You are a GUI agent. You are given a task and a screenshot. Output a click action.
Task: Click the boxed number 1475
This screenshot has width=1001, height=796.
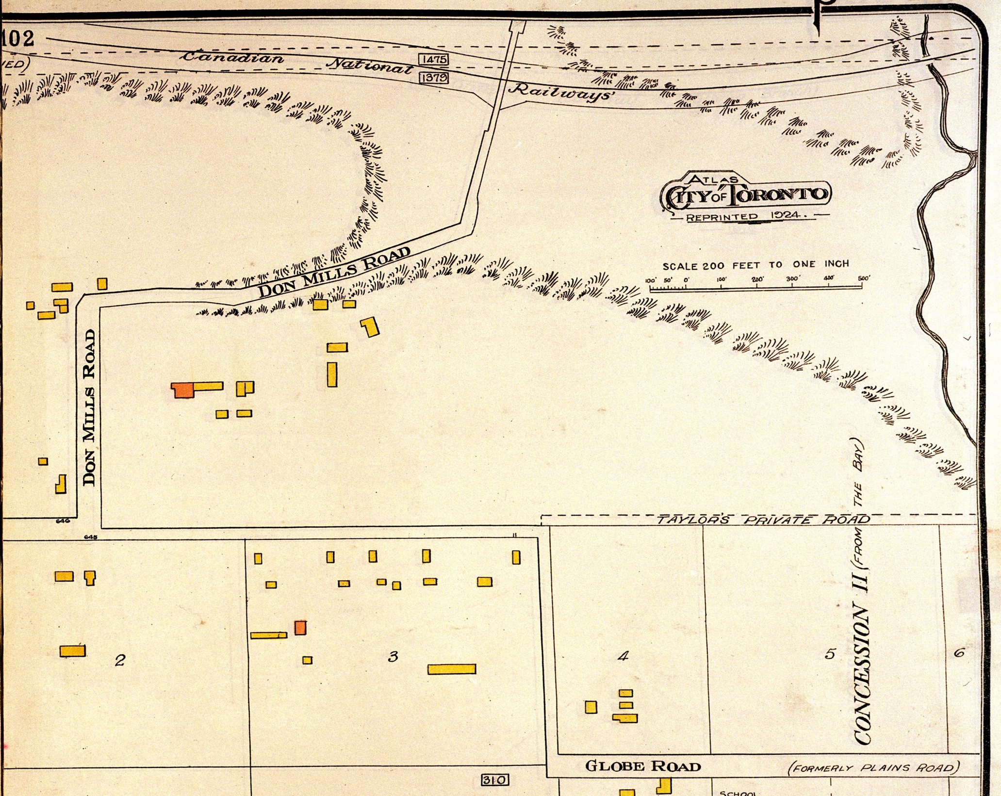coord(433,59)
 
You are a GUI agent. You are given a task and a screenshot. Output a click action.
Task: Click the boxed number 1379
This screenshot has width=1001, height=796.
coord(433,77)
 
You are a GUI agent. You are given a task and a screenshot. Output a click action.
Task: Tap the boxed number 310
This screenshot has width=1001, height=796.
coord(495,780)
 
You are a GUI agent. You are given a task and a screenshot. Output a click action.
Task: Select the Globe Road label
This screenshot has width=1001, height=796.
coord(643,766)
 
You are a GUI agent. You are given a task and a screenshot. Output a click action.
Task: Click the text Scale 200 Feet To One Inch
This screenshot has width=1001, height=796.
coord(755,265)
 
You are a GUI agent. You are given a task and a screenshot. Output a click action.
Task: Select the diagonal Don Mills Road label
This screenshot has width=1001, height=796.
coord(334,272)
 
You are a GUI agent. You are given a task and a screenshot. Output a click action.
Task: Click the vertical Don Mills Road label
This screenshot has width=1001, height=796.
coord(89,407)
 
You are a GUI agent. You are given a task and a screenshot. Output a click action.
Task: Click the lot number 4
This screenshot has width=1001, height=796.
coord(623,656)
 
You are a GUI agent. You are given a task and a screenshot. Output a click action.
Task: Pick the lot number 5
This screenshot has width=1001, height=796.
coord(830,654)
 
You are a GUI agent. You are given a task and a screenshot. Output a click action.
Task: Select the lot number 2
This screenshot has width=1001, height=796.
coord(120,660)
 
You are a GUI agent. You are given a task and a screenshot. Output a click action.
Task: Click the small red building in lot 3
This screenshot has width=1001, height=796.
coord(300,627)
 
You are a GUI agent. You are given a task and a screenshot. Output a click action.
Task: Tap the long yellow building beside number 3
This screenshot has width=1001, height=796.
coord(451,669)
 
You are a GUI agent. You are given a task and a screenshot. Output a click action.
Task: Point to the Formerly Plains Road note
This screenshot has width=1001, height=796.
coord(873,768)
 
